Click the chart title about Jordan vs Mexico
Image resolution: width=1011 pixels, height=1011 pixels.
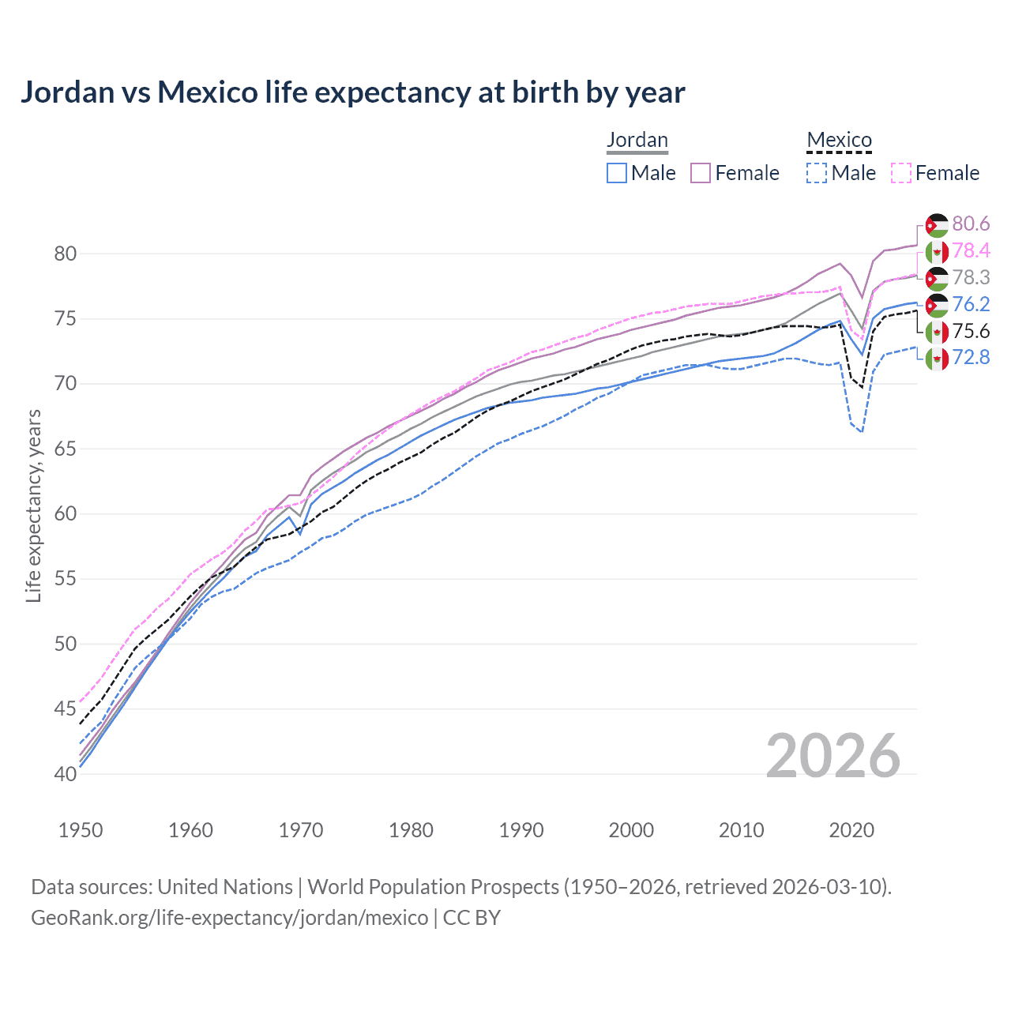352,92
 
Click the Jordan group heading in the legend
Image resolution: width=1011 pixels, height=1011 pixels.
637,141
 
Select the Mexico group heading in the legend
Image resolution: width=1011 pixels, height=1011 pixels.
839,141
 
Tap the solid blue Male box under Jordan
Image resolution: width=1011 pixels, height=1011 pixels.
617,173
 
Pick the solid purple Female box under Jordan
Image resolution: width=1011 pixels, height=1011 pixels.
701,173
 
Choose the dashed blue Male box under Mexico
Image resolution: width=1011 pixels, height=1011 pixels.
817,173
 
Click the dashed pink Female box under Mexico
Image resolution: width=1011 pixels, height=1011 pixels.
901,173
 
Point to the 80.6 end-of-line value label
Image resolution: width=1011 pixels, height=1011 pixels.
971,224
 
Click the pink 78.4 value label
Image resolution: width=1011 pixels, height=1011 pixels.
971,251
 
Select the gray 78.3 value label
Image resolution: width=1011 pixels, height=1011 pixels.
971,278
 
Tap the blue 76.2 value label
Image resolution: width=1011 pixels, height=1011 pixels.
971,305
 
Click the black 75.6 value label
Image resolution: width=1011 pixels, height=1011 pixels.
971,332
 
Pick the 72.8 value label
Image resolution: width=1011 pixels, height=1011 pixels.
971,358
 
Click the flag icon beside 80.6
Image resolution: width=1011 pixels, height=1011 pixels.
937,225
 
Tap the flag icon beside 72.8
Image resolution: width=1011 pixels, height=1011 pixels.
937,359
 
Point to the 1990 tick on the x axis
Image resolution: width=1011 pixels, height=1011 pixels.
521,830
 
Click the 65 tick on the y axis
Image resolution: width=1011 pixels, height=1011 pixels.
66,449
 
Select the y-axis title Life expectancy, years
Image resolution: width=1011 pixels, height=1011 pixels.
33,505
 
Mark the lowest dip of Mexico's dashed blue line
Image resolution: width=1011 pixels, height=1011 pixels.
862,431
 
